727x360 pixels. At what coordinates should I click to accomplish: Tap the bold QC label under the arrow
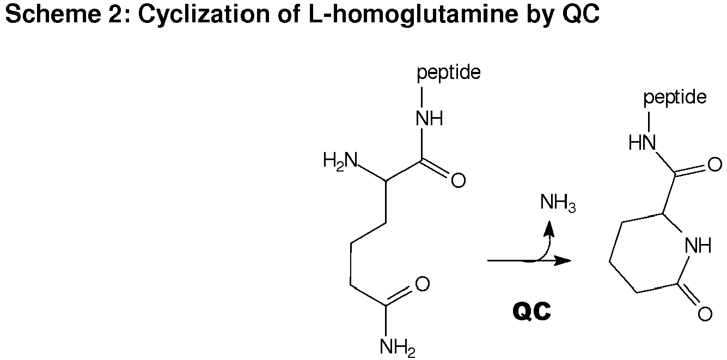(x=532, y=312)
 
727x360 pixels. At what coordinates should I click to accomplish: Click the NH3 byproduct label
(x=558, y=203)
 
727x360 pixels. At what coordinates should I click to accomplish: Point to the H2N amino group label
(x=340, y=161)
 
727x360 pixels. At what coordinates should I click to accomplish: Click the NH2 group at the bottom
(x=397, y=347)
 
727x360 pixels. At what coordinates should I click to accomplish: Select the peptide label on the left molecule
(x=449, y=72)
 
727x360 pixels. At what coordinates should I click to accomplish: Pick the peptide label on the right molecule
(x=675, y=97)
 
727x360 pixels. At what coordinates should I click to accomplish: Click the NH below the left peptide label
(x=429, y=119)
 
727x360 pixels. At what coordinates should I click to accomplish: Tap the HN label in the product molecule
(x=642, y=143)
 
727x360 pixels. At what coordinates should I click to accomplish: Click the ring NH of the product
(x=698, y=245)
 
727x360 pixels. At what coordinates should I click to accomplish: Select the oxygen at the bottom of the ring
(x=705, y=314)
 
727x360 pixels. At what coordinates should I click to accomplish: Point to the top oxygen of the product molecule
(x=714, y=165)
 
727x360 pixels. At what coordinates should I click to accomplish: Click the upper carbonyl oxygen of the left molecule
(x=458, y=180)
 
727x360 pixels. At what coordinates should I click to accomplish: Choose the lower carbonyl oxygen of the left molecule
(x=422, y=284)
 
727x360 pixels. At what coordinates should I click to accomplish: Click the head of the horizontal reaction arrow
(x=570, y=260)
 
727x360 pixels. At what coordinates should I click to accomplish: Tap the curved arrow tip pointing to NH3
(x=549, y=221)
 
